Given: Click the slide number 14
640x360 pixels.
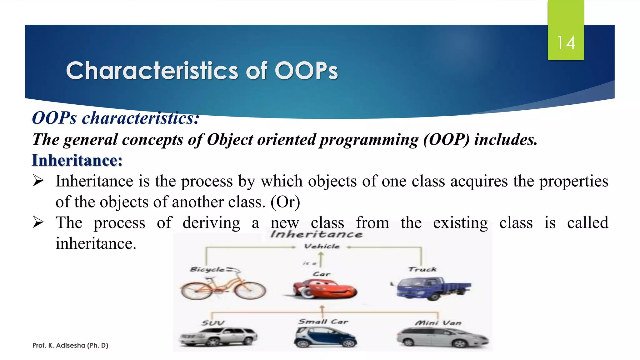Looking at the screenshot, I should pyautogui.click(x=566, y=43).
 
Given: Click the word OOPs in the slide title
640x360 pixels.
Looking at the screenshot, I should pyautogui.click(x=306, y=71).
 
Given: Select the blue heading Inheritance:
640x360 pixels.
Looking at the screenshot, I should pyautogui.click(x=77, y=160).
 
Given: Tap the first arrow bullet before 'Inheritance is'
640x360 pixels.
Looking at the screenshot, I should pyautogui.click(x=38, y=181).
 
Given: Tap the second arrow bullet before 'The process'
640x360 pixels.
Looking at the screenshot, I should pyautogui.click(x=38, y=222).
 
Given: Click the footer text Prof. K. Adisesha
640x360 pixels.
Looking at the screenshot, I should pyautogui.click(x=70, y=345).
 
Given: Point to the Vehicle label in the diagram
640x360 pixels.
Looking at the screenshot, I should pyautogui.click(x=322, y=246).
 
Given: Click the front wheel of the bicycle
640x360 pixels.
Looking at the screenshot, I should pyautogui.click(x=250, y=290).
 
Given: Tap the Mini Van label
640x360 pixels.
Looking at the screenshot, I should pyautogui.click(x=438, y=323).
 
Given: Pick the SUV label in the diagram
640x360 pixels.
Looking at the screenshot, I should pyautogui.click(x=213, y=323).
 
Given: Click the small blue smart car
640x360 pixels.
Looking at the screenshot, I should pyautogui.click(x=325, y=337).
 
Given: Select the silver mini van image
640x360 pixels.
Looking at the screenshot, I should pyautogui.click(x=442, y=337).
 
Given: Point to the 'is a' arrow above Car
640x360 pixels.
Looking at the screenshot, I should pyautogui.click(x=321, y=260).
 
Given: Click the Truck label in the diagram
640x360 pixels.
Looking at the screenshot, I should pyautogui.click(x=422, y=269).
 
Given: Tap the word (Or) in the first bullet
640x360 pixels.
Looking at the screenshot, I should pyautogui.click(x=285, y=202).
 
